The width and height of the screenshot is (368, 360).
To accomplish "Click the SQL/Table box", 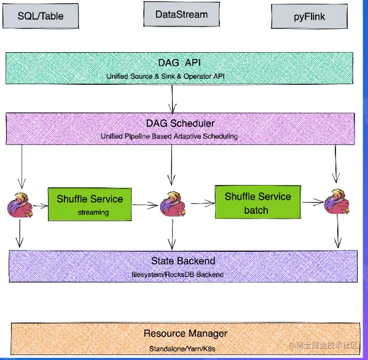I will pos(41,15).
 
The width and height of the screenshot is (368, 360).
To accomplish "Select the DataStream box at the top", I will pos(181,14).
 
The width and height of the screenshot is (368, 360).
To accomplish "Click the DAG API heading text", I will pos(179,63).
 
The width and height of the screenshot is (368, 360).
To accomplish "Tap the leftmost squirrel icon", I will pos(23,205).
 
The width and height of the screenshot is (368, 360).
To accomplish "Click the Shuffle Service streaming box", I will pos(90,205).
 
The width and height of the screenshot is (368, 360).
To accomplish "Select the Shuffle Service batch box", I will pos(257,202).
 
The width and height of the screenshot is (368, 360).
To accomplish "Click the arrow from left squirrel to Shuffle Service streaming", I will pos(41,205).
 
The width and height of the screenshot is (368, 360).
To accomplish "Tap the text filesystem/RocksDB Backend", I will pos(178,273).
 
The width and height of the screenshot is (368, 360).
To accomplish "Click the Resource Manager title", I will pos(185,334).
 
